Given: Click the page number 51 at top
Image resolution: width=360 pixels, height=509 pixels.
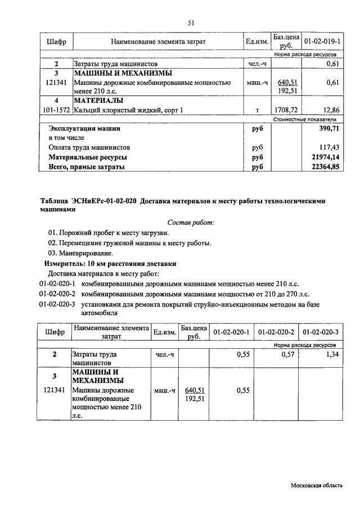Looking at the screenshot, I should pos(191,22).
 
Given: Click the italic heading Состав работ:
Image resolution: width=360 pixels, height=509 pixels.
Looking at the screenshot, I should pos(191,223).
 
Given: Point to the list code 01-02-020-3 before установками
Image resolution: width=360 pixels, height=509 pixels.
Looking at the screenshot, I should pos(57,304).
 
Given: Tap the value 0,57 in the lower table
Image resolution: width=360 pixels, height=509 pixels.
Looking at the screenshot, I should pos(287,355).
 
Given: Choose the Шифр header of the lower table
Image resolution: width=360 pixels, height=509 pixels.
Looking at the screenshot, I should pos(55,333).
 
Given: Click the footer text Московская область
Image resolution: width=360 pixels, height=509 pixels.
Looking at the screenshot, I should pos(316,485).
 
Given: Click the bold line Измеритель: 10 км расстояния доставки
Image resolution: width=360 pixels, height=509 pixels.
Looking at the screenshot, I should pos(110,263).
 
